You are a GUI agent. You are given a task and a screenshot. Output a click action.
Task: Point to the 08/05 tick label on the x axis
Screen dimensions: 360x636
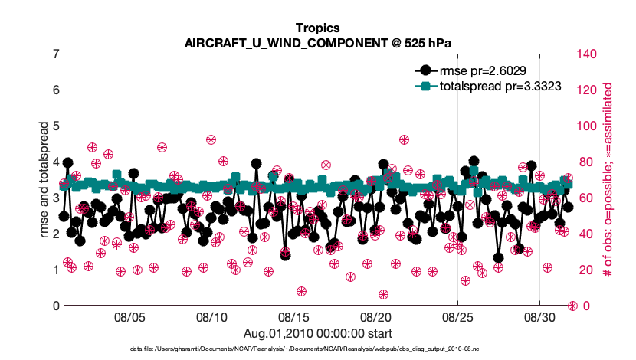pyautogui.click(x=129, y=317)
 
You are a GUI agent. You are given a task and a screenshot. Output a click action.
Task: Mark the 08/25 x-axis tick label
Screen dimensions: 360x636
pyautogui.click(x=457, y=317)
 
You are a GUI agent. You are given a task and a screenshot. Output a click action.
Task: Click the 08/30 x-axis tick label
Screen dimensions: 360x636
pyautogui.click(x=539, y=317)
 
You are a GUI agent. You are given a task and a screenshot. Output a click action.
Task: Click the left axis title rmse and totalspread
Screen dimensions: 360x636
pyautogui.click(x=44, y=179)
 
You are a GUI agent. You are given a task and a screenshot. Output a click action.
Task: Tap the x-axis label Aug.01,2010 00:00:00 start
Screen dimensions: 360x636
pyautogui.click(x=317, y=333)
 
